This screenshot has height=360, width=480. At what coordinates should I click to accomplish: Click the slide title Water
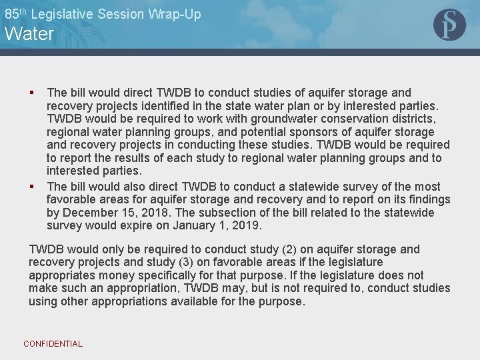tap(29, 34)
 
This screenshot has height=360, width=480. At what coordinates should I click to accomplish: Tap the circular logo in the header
tap(449, 25)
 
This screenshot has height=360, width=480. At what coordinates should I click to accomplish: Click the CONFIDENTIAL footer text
tap(53, 344)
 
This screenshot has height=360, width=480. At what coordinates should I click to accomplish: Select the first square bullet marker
tap(31, 93)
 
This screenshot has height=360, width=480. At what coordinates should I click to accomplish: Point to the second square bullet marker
tap(31, 186)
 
